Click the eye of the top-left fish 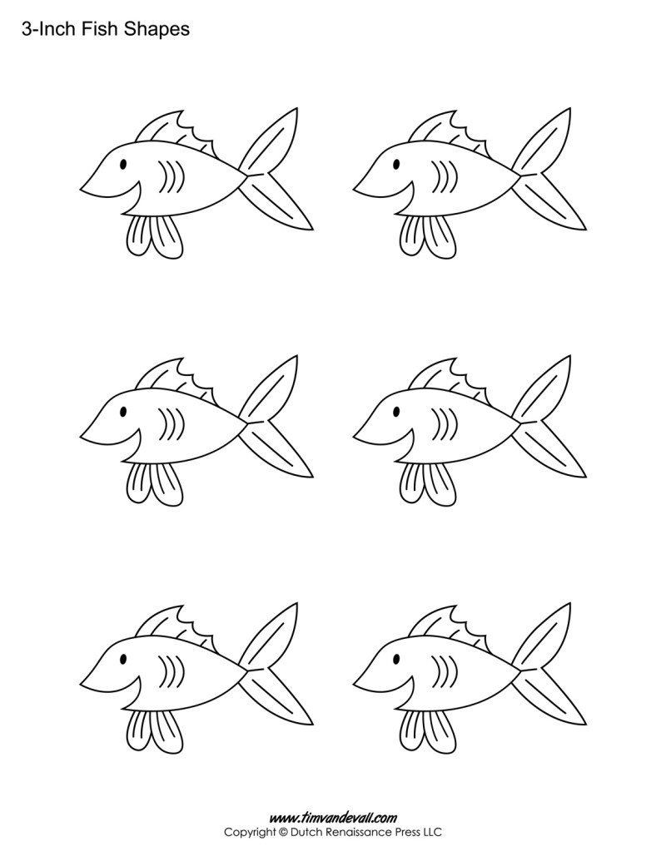[x=123, y=164]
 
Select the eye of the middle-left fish [x=123, y=412]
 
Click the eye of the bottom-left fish [x=123, y=660]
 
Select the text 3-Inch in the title [x=43, y=30]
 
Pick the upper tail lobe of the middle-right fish [x=545, y=387]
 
